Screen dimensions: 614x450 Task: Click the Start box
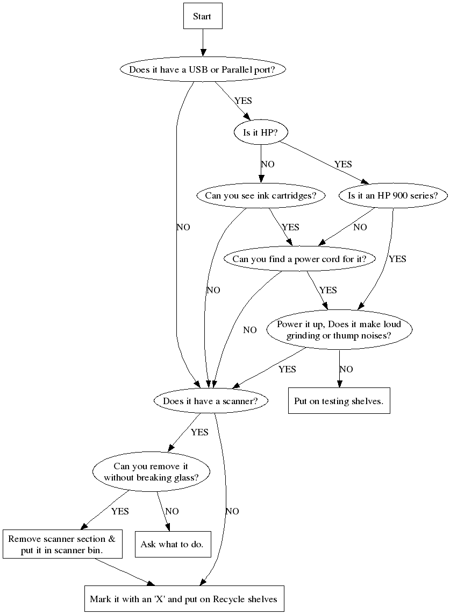tap(202, 16)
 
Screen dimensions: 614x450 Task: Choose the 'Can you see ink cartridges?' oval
tap(261, 195)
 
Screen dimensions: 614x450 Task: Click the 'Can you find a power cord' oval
tap(299, 259)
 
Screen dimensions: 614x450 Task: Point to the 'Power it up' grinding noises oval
tap(339, 330)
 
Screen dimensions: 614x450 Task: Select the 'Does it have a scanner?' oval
tap(210, 401)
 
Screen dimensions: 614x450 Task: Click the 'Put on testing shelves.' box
tap(339, 401)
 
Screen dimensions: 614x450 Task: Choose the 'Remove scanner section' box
tap(62, 545)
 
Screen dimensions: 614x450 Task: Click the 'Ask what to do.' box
tap(172, 544)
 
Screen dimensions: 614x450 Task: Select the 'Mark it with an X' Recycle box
tap(183, 598)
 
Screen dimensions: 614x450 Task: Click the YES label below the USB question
tap(243, 101)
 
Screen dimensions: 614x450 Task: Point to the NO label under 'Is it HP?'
tap(268, 164)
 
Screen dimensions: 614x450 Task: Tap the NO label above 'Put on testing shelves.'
tap(346, 369)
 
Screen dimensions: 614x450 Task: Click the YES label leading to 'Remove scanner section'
tap(120, 511)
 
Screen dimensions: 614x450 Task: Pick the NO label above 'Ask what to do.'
tap(172, 511)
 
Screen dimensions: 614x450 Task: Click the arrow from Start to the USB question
tap(203, 42)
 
